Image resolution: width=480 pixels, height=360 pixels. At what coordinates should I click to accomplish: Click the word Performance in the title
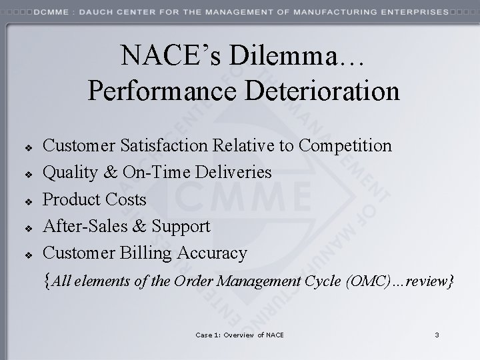pyautogui.click(x=159, y=91)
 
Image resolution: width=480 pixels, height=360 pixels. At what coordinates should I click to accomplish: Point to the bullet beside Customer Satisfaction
pyautogui.click(x=29, y=146)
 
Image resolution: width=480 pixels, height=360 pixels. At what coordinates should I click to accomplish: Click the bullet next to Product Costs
pyautogui.click(x=29, y=200)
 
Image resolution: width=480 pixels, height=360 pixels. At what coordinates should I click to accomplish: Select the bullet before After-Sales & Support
pyautogui.click(x=29, y=227)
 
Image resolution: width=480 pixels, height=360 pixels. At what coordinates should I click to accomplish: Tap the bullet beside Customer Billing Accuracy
pyautogui.click(x=29, y=254)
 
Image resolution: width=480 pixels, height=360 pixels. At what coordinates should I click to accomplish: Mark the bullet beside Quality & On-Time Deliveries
pyautogui.click(x=29, y=173)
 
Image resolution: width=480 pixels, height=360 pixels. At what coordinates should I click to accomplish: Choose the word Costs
pyautogui.click(x=126, y=199)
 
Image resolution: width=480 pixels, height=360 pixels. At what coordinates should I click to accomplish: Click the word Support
pyautogui.click(x=181, y=226)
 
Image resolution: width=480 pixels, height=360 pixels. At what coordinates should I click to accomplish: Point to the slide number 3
pyautogui.click(x=437, y=334)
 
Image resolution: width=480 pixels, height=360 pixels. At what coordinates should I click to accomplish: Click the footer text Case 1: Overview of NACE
pyautogui.click(x=240, y=334)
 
